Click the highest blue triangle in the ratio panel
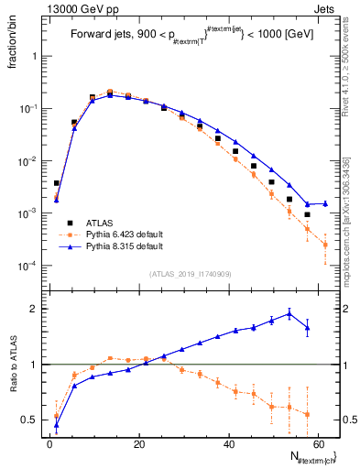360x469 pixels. [x=289, y=313]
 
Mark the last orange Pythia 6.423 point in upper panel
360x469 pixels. [x=325, y=245]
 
